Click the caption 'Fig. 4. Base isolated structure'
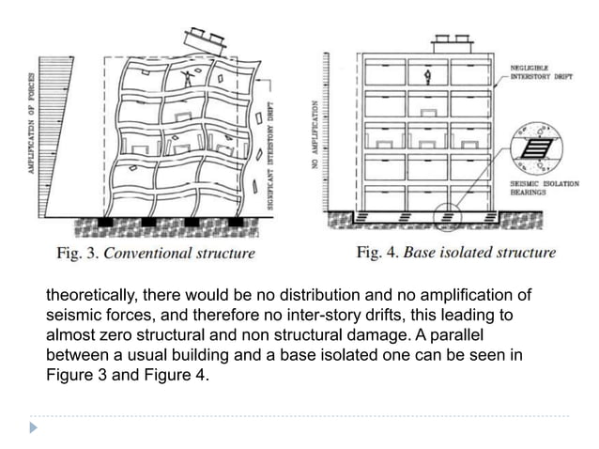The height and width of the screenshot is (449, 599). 456,252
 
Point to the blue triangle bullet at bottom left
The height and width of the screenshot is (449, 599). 34,427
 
